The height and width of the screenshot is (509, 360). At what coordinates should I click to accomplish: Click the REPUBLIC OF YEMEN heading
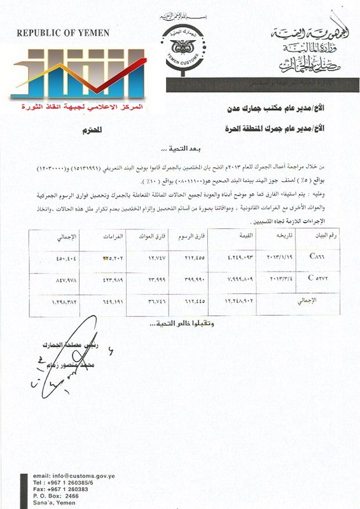[63, 33]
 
